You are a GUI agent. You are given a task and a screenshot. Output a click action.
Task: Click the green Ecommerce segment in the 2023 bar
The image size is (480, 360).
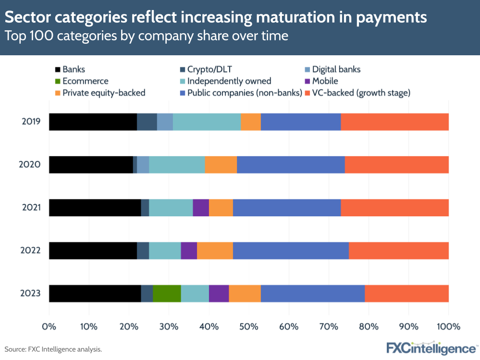pos(167,293)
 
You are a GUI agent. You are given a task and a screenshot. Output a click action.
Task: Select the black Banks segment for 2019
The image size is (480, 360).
pos(93,122)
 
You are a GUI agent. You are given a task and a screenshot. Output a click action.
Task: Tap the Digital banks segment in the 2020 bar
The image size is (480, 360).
pos(143,165)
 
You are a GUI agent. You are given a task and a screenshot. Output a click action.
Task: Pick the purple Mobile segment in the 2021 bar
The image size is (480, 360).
pos(200,208)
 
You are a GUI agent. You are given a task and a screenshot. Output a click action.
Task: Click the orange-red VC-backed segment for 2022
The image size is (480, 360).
pos(398,250)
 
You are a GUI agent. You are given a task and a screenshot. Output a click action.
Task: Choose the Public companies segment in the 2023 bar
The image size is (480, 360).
pos(312,293)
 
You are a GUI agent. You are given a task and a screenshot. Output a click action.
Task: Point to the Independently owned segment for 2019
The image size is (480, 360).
pos(207,122)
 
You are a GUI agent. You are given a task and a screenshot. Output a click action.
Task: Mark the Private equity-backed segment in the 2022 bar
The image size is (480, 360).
pos(215,250)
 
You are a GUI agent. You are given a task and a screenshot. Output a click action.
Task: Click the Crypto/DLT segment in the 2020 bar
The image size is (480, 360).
pos(135,165)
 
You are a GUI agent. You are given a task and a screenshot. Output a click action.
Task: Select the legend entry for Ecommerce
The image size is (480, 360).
pos(85,81)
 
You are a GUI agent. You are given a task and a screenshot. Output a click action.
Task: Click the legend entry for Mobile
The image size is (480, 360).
pos(325,81)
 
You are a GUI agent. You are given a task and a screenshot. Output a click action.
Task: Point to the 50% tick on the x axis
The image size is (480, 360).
pos(249,326)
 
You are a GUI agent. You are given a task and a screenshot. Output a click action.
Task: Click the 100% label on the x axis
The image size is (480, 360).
pos(448,326)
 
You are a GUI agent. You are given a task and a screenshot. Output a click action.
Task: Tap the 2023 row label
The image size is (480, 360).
pos(30,293)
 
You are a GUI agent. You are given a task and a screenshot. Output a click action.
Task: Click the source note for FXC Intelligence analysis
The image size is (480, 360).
pos(53,349)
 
